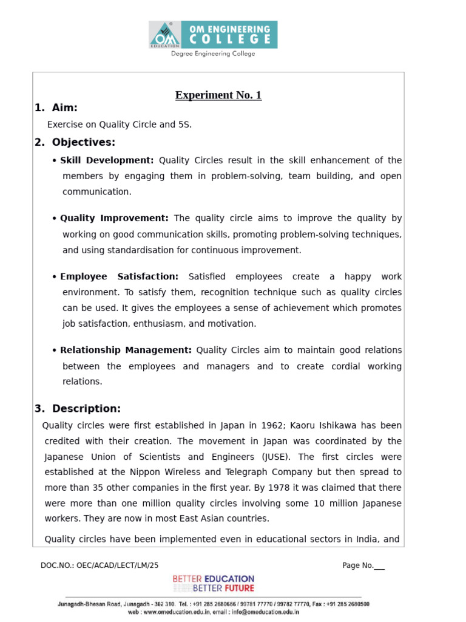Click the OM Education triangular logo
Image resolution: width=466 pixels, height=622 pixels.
(164, 35)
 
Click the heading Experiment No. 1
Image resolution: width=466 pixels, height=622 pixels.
(218, 95)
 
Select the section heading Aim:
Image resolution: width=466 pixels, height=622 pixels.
(64, 108)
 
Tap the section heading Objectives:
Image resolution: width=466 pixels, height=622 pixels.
(83, 143)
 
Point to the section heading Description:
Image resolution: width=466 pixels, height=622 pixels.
(86, 409)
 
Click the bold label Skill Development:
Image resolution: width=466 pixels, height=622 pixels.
(107, 160)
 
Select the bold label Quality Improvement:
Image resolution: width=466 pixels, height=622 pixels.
(114, 218)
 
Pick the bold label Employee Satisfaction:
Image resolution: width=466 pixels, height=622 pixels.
(119, 276)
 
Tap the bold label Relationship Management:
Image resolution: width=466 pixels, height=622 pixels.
(126, 350)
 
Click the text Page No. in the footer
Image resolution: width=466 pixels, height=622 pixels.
(358, 566)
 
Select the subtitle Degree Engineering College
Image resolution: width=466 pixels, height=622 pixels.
(213, 53)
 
